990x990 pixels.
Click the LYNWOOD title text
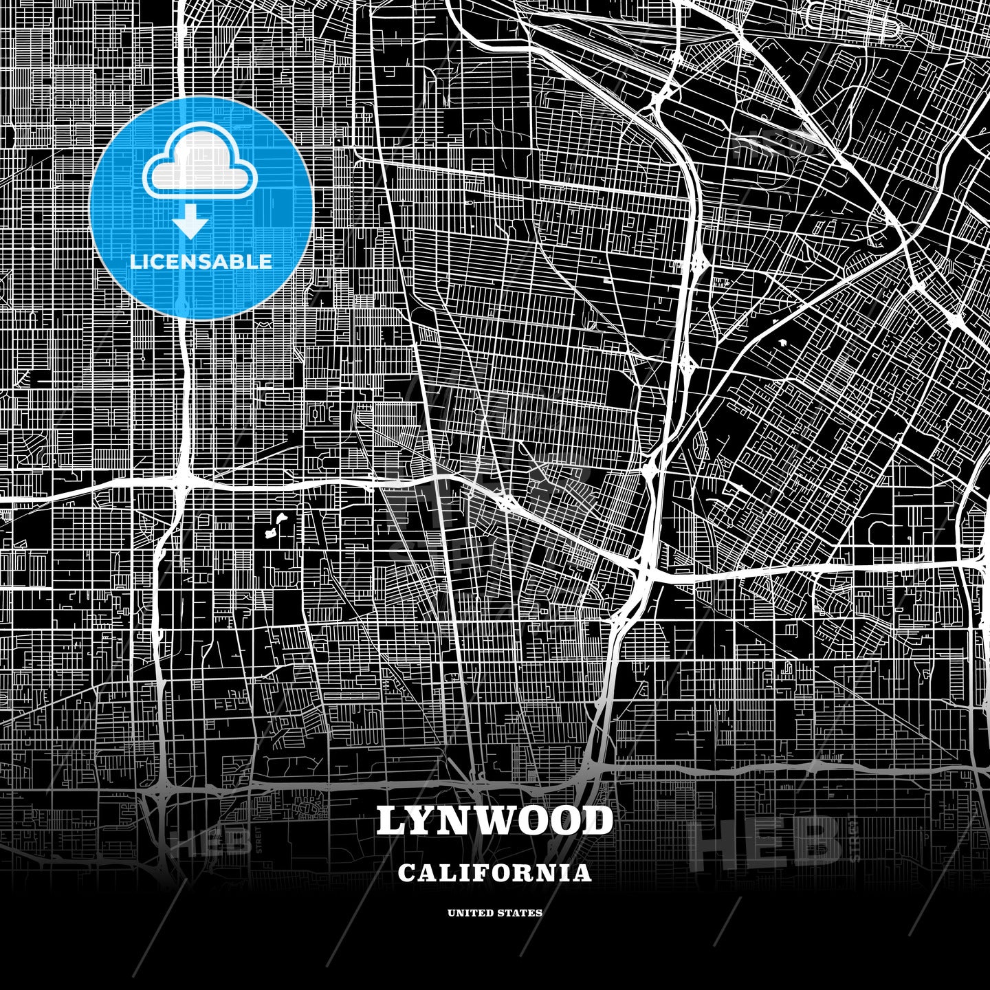(x=494, y=821)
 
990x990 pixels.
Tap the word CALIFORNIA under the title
(x=494, y=873)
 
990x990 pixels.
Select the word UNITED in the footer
(x=471, y=913)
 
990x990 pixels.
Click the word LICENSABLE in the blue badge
(x=201, y=262)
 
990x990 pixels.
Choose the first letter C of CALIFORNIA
(x=406, y=873)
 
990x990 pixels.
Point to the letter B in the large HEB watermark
(x=818, y=841)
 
